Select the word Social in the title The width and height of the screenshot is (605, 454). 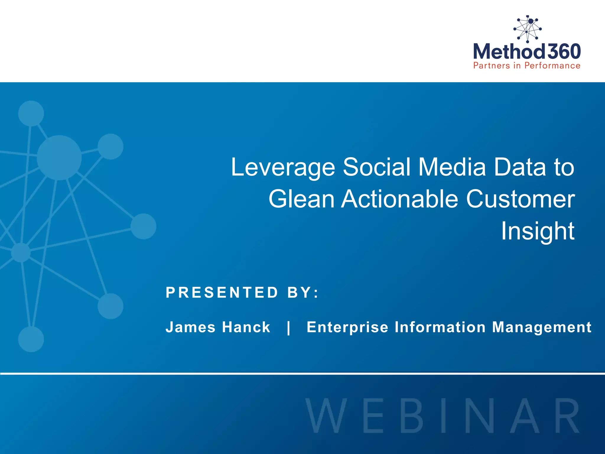click(x=377, y=167)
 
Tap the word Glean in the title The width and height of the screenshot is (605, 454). click(x=301, y=199)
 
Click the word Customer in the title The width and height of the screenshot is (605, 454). click(x=520, y=199)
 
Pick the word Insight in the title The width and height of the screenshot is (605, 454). click(x=538, y=231)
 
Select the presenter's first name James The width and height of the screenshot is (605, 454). click(x=191, y=327)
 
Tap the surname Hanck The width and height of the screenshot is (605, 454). click(x=246, y=327)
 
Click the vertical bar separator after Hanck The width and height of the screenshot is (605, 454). click(x=289, y=327)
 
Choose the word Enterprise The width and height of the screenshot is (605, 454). click(x=347, y=327)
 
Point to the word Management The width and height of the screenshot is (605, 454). click(x=542, y=327)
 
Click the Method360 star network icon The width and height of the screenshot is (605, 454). click(x=527, y=29)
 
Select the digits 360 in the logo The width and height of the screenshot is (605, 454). click(x=564, y=51)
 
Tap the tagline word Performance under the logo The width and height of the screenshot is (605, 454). click(x=552, y=66)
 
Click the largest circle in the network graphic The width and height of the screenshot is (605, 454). click(x=59, y=158)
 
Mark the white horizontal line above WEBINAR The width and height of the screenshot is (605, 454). click(x=302, y=374)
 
